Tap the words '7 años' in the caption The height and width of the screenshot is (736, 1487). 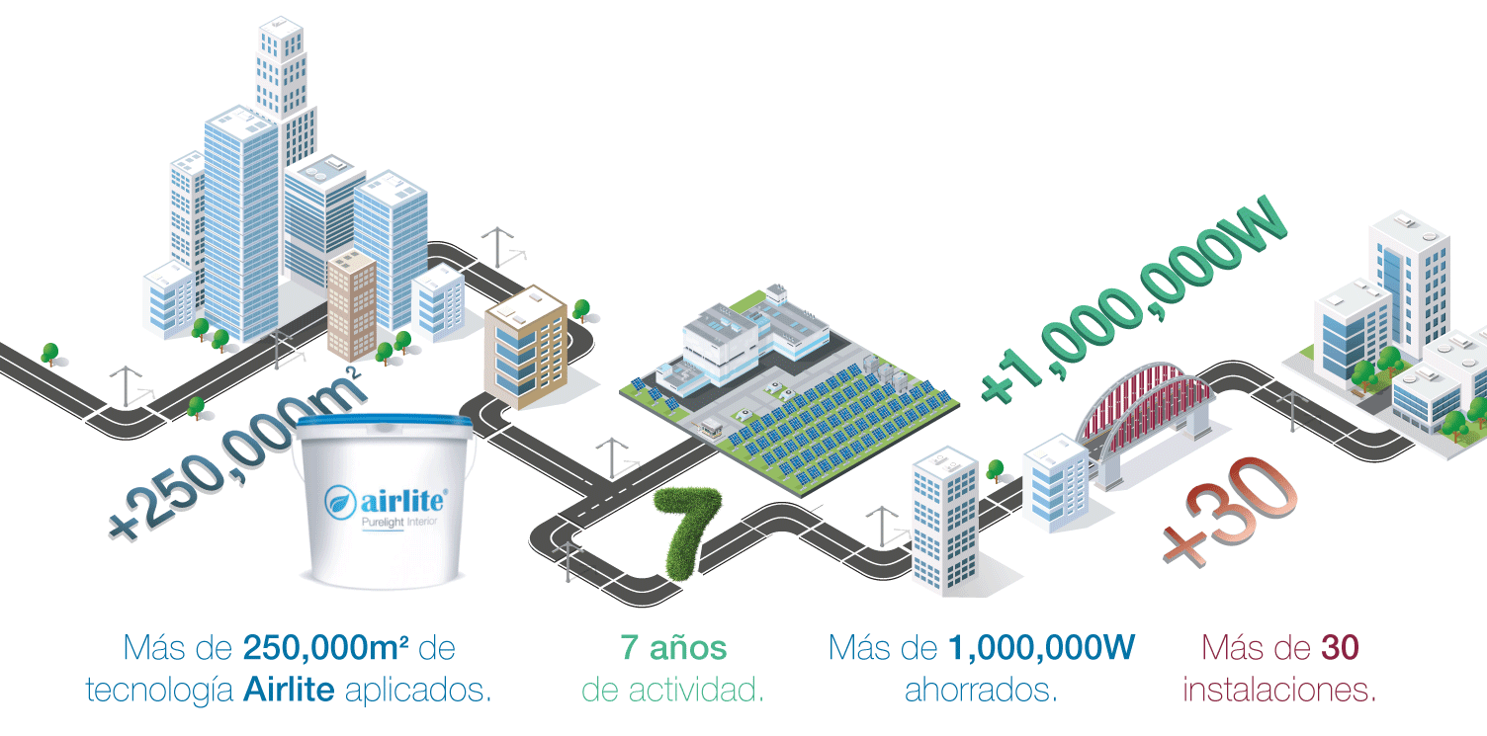673,648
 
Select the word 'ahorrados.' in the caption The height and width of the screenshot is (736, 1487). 981,689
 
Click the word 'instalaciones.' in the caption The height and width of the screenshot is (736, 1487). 1279,689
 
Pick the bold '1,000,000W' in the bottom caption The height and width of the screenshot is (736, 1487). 1042,648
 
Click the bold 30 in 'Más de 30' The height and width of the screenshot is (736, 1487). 1340,648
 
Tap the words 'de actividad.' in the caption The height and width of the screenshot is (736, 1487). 673,689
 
